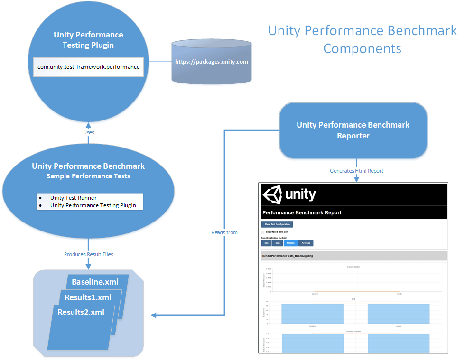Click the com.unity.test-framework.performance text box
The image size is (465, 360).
88,67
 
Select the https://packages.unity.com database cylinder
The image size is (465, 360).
211,62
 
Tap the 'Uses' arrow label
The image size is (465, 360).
89,132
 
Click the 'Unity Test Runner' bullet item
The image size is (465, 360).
74,198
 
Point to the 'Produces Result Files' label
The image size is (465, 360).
89,254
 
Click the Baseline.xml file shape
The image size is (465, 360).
97,282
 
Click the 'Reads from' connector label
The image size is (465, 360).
224,232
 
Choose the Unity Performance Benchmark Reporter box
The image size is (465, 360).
353,130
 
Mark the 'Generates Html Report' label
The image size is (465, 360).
356,171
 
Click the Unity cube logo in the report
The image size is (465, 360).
272,194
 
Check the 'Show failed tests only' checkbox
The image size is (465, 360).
263,232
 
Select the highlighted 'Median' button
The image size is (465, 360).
290,243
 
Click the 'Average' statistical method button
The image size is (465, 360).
306,243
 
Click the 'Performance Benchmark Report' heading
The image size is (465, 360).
302,213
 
